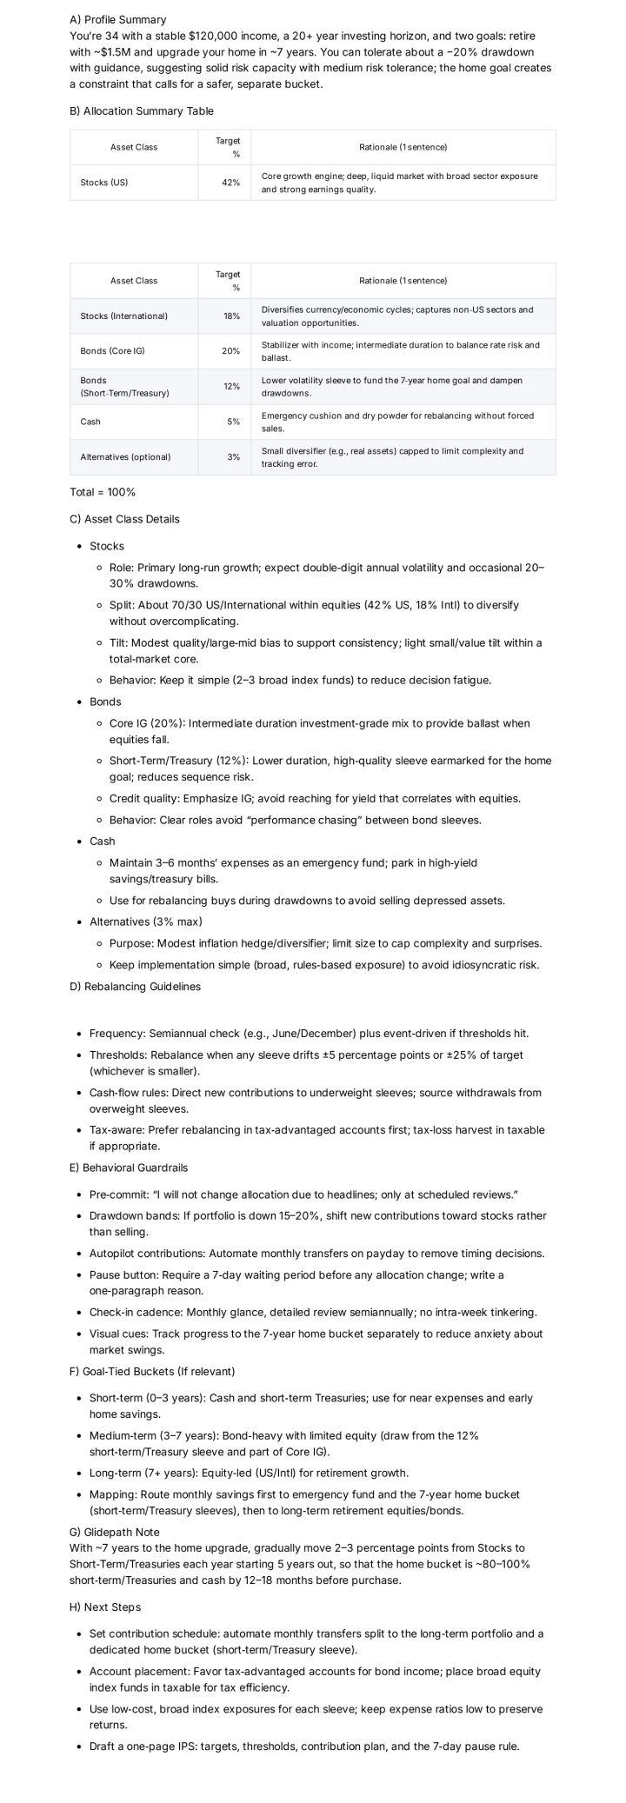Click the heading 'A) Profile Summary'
117,19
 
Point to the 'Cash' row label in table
90,422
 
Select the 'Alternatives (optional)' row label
125,457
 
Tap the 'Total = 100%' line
103,492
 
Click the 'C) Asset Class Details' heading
124,519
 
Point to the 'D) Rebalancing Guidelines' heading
135,987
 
